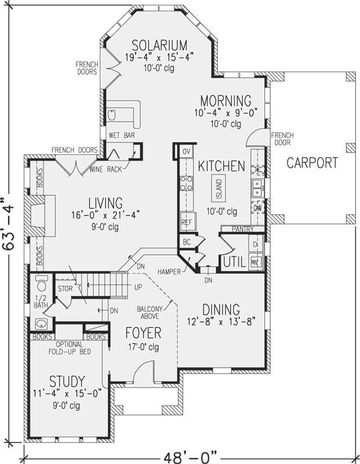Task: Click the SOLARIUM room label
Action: [159, 45]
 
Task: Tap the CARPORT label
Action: [312, 163]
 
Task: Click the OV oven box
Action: [186, 151]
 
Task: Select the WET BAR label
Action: [119, 135]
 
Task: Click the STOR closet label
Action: [64, 288]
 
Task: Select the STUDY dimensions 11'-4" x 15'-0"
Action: [67, 394]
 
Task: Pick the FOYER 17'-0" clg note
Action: [143, 347]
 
